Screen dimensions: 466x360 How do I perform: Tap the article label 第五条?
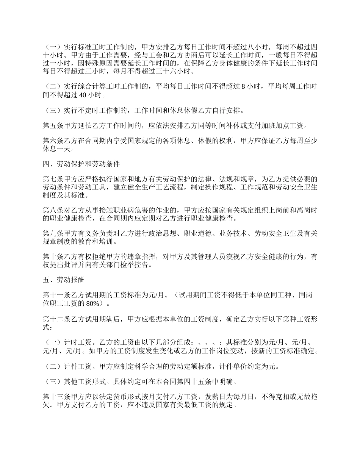(x=53, y=125)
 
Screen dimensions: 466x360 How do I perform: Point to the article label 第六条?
(x=53, y=141)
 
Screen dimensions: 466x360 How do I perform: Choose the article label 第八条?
(x=53, y=210)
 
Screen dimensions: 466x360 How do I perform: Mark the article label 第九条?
(x=53, y=234)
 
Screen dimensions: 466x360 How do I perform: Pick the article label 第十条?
(x=53, y=257)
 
